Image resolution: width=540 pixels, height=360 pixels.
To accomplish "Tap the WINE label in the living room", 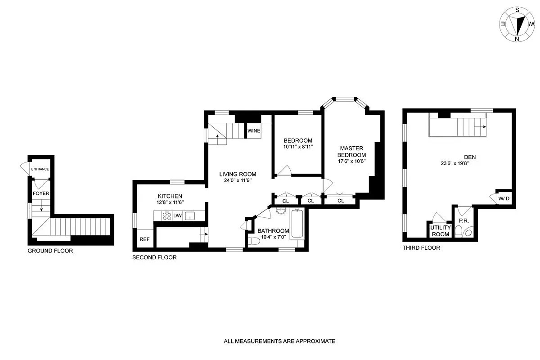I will pos(254,131).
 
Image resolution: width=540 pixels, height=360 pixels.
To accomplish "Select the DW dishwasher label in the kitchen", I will pos(178,216).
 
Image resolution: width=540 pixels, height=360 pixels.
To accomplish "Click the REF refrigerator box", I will pos(144,239).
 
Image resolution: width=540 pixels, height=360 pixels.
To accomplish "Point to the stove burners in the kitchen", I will pos(166,216).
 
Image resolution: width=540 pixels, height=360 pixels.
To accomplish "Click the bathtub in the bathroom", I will pos(297,224).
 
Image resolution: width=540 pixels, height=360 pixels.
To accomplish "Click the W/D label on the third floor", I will pos(504,198).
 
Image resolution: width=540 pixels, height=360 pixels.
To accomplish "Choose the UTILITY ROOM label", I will pos(440,231).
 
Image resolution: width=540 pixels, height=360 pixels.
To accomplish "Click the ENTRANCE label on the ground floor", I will pos(40,170).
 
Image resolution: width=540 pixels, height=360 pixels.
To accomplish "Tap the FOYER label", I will pos(41,193).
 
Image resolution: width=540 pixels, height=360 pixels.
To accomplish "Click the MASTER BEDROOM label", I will pos(352,151).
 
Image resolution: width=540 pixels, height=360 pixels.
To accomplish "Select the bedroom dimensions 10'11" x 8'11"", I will pos(297,147).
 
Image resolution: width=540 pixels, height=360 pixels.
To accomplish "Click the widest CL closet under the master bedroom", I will pos(341,201).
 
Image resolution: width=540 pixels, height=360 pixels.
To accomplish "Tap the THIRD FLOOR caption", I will pos(421,248).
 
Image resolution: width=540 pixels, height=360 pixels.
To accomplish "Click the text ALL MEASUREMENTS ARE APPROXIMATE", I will pos(279,341).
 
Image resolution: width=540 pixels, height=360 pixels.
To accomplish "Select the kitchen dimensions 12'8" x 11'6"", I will pos(170,203).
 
